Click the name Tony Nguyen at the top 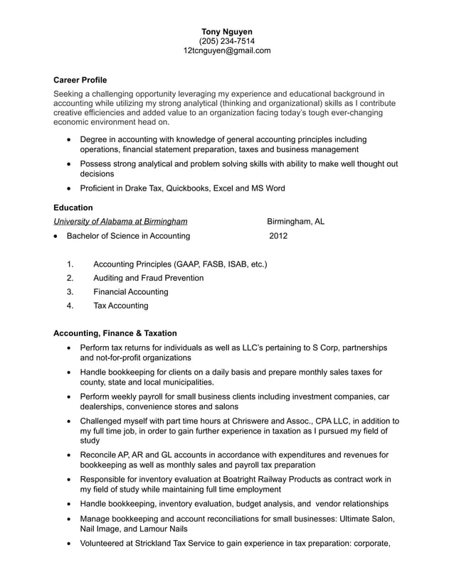pyautogui.click(x=227, y=32)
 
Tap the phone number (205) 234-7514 pyautogui.click(x=227, y=41)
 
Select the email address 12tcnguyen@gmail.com pyautogui.click(x=227, y=50)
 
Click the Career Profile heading pyautogui.click(x=80, y=80)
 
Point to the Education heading pyautogui.click(x=73, y=208)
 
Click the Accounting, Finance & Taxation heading pyautogui.click(x=115, y=333)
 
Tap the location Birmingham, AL pyautogui.click(x=296, y=222)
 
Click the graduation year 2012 pyautogui.click(x=278, y=236)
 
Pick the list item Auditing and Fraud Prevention pyautogui.click(x=148, y=278)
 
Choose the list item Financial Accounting pyautogui.click(x=131, y=292)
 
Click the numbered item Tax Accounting pyautogui.click(x=121, y=306)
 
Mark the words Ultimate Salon pyautogui.click(x=366, y=519)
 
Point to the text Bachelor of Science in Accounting pyautogui.click(x=128, y=236)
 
